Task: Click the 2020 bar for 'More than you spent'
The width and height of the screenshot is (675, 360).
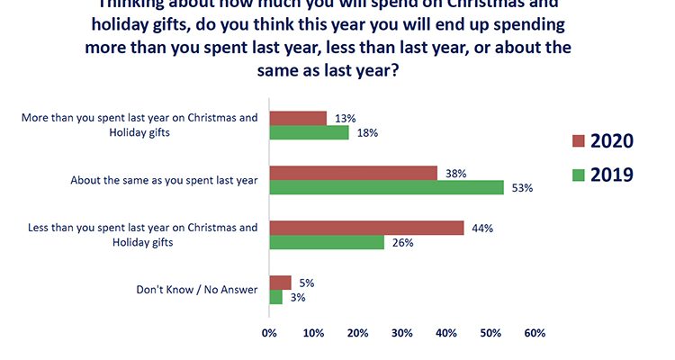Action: coord(298,118)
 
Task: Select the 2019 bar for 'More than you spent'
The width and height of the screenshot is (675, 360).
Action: coord(309,133)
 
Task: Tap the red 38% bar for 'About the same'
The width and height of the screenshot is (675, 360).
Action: coord(353,173)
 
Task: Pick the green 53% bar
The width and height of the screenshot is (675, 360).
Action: coord(386,188)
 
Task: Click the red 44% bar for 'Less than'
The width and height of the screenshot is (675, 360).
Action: coord(366,228)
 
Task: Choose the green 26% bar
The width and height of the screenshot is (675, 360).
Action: coord(327,242)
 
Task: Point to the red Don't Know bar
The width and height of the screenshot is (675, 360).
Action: coord(280,283)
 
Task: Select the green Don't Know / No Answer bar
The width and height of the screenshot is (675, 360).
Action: coord(275,297)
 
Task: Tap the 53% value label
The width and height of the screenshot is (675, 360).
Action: coord(523,188)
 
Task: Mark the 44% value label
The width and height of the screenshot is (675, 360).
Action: coord(482,228)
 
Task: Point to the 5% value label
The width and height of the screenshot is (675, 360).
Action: coord(306,283)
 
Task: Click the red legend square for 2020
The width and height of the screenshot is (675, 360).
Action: coord(580,140)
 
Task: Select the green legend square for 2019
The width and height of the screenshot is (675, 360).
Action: coord(580,175)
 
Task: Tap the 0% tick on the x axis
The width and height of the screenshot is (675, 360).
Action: coord(269,334)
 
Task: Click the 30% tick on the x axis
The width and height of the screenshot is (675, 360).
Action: coord(401,334)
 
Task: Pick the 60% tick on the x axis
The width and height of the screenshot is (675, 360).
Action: coord(535,334)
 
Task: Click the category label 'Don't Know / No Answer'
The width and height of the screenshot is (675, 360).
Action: coord(196,290)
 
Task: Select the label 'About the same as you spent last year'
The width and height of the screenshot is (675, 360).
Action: coord(164,180)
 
